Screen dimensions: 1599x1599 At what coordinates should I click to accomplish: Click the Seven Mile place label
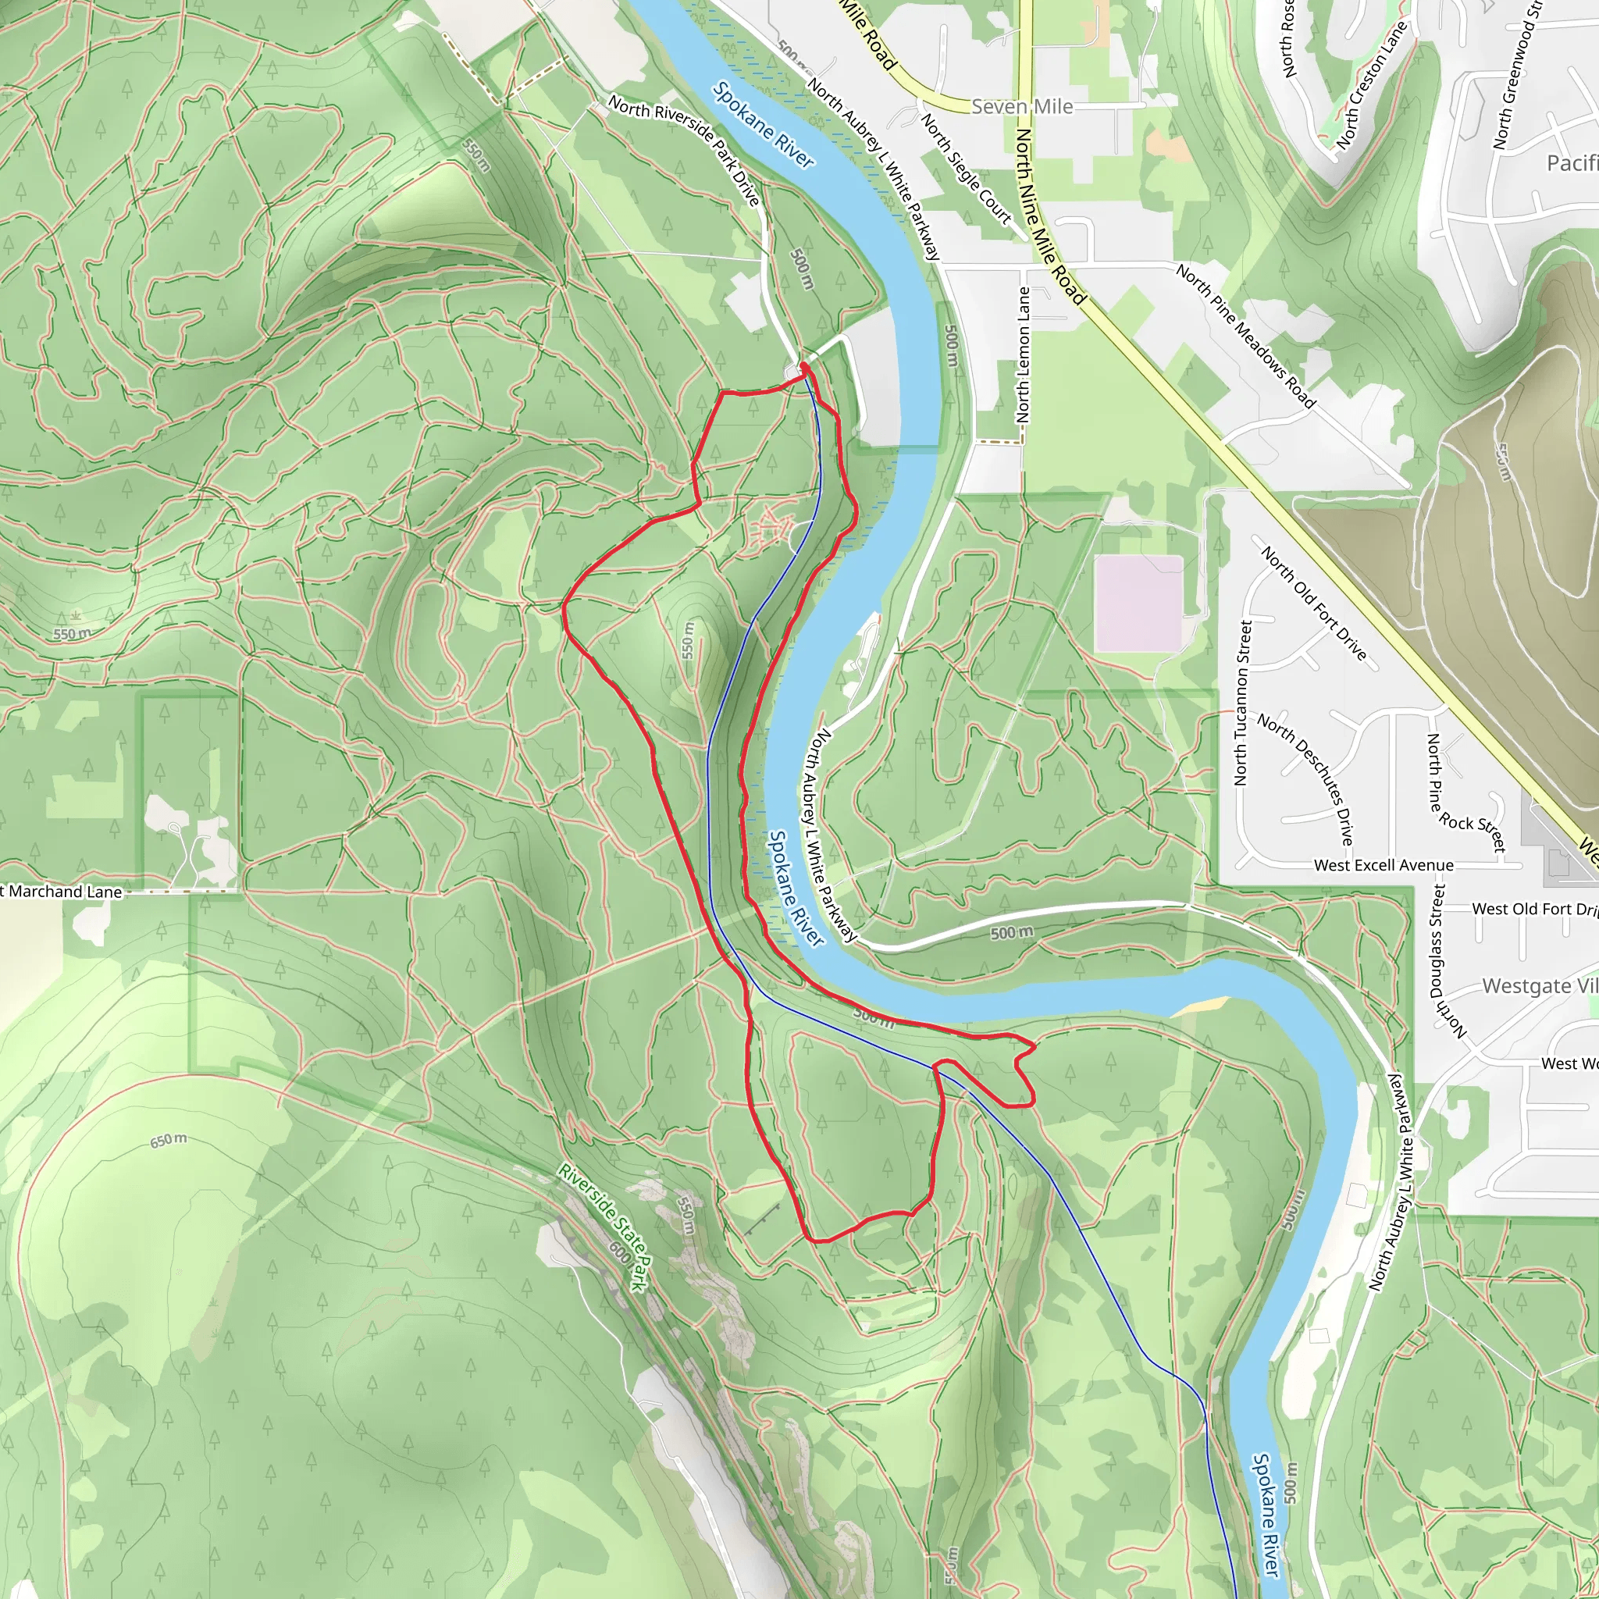click(x=1021, y=107)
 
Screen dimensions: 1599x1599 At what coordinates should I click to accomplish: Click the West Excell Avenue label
click(x=1383, y=866)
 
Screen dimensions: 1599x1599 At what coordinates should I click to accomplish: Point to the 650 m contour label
click(x=168, y=1141)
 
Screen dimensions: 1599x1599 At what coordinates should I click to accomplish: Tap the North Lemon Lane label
click(x=1024, y=355)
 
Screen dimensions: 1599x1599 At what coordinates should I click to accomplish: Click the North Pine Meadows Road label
click(x=1245, y=336)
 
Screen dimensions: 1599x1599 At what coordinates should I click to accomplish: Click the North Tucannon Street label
click(x=1242, y=703)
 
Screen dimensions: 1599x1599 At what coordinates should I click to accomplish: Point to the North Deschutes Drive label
click(x=1306, y=778)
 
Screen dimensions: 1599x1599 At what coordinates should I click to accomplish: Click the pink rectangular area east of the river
click(x=1138, y=604)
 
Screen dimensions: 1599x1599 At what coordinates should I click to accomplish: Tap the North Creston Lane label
click(x=1370, y=87)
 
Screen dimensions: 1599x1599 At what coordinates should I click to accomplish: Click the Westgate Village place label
click(x=1538, y=986)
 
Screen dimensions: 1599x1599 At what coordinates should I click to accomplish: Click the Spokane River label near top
click(x=763, y=125)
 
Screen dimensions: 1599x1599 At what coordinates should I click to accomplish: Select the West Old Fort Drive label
click(x=1533, y=909)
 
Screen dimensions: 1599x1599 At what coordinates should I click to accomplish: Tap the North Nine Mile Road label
click(x=1049, y=215)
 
